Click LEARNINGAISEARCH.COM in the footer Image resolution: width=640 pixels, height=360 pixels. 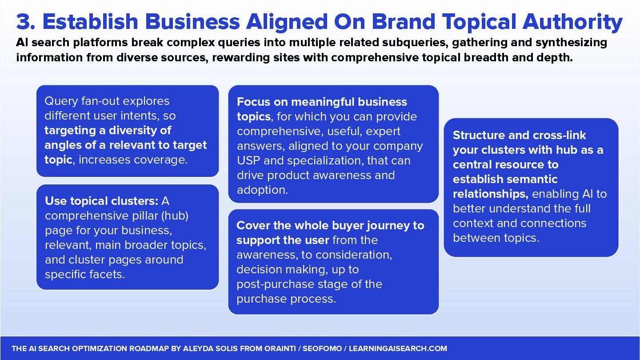click(398, 349)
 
